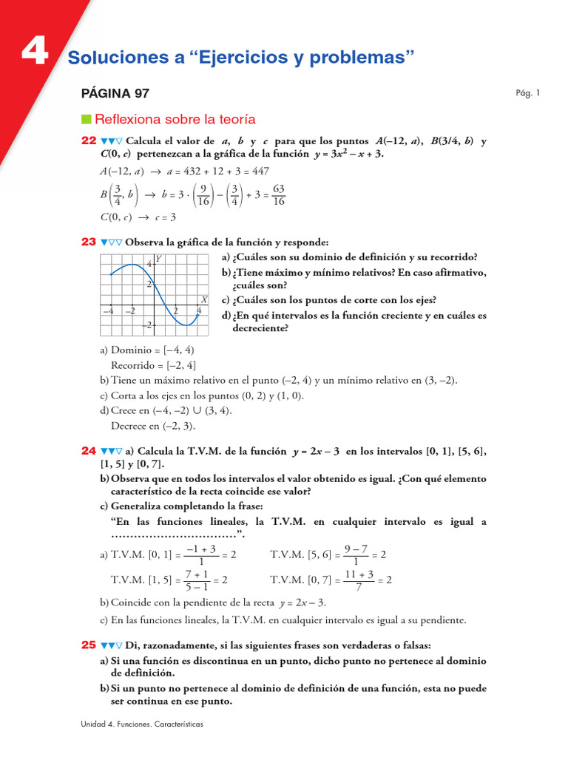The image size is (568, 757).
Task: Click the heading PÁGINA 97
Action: [x=115, y=94]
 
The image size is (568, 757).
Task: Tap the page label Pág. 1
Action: [x=528, y=93]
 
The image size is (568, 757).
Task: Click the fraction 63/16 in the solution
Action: [x=279, y=195]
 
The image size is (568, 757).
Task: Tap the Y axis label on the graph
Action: [x=158, y=259]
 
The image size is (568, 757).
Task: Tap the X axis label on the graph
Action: [x=203, y=299]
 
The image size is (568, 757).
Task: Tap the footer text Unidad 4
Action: [x=99, y=724]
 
